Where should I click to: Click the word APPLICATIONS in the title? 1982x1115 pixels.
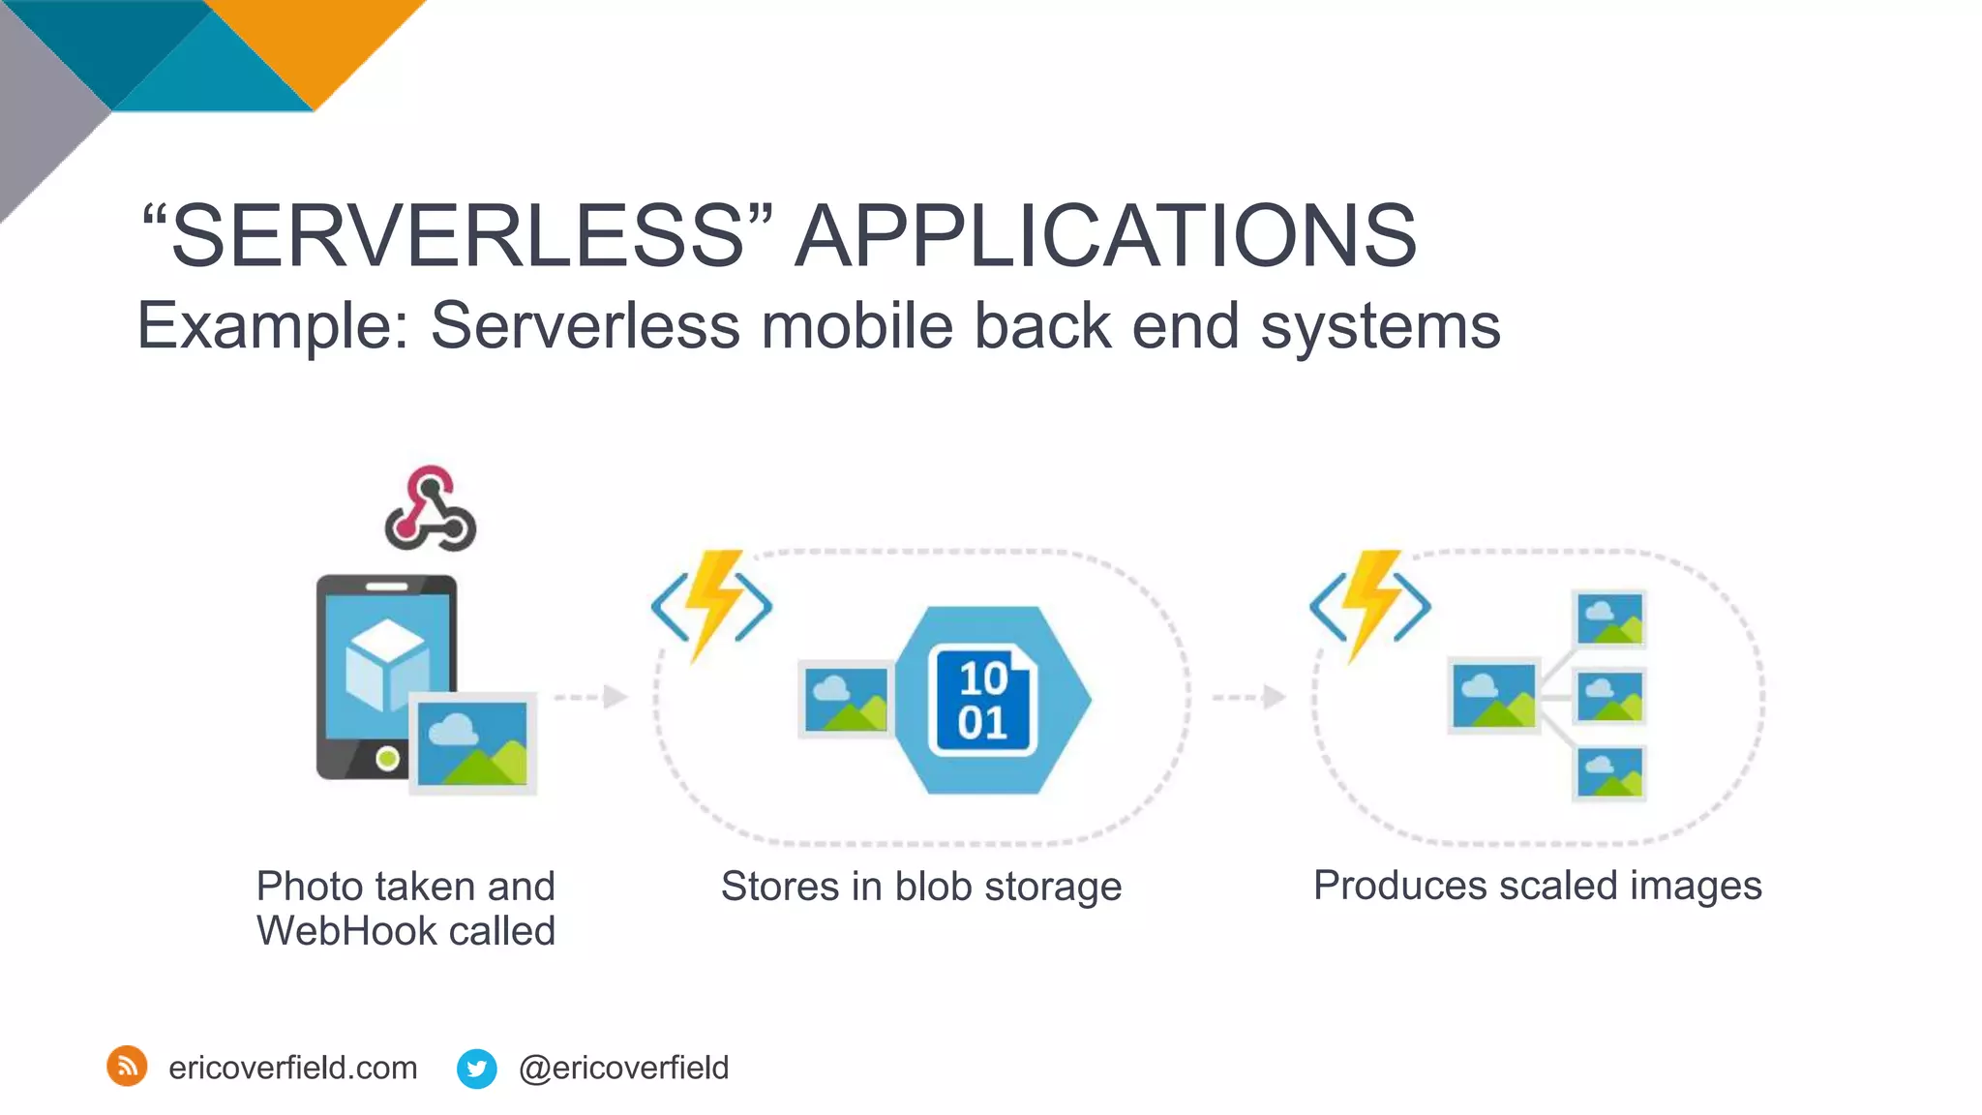[x=1105, y=236]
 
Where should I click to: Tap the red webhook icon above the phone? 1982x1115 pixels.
[x=430, y=509]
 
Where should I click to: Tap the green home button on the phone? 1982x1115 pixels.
[x=387, y=758]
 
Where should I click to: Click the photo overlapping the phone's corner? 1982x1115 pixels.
[x=473, y=743]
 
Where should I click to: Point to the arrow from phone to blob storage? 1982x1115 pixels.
[x=591, y=696]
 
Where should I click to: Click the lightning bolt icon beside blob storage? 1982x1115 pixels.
[x=712, y=606]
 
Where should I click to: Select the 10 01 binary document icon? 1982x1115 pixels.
[x=982, y=700]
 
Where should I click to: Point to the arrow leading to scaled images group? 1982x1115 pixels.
[x=1249, y=696]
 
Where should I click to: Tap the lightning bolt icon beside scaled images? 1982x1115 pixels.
[x=1370, y=606]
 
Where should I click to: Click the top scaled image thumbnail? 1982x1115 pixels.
[x=1609, y=619]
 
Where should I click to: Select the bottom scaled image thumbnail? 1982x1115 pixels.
[x=1609, y=773]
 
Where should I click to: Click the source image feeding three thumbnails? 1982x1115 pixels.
[x=1493, y=696]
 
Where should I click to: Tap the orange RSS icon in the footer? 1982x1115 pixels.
[x=127, y=1067]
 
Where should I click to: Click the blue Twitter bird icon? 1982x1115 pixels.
[x=476, y=1069]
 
